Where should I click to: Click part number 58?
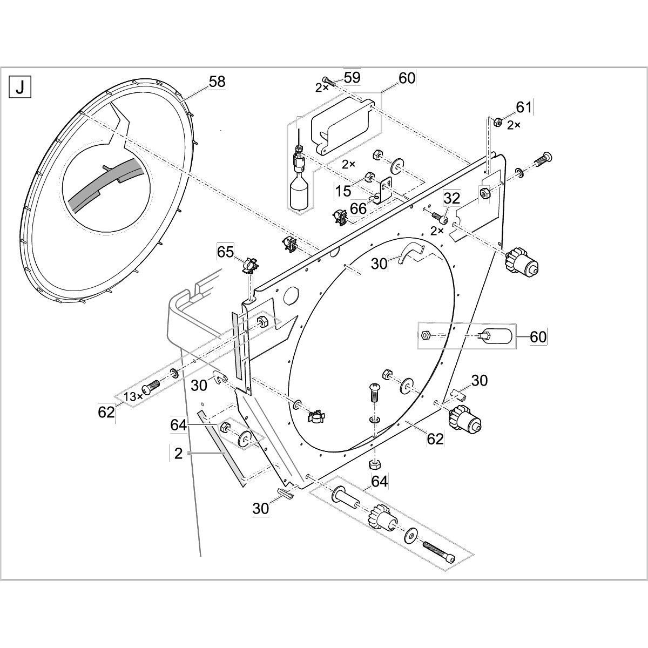click(217, 82)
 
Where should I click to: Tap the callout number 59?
click(352, 77)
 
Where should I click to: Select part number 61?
click(524, 107)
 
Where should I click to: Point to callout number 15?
click(343, 190)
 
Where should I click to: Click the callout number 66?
click(357, 208)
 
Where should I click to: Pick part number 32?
click(451, 198)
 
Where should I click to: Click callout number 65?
click(226, 252)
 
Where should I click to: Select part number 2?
click(178, 454)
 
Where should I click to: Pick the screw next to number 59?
click(328, 81)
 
